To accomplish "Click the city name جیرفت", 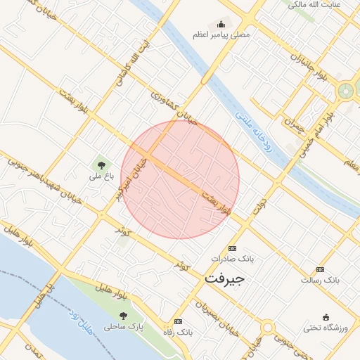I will point(224,278).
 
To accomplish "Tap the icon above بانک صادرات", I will point(233,248).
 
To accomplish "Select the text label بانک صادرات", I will point(233,258).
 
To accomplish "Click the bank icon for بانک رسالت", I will point(321,269).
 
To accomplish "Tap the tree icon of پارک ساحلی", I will point(124,316).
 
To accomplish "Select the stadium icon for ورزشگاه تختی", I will point(325,317).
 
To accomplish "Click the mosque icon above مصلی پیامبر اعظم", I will point(221,25).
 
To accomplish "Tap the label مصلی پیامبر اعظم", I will point(221,34).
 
